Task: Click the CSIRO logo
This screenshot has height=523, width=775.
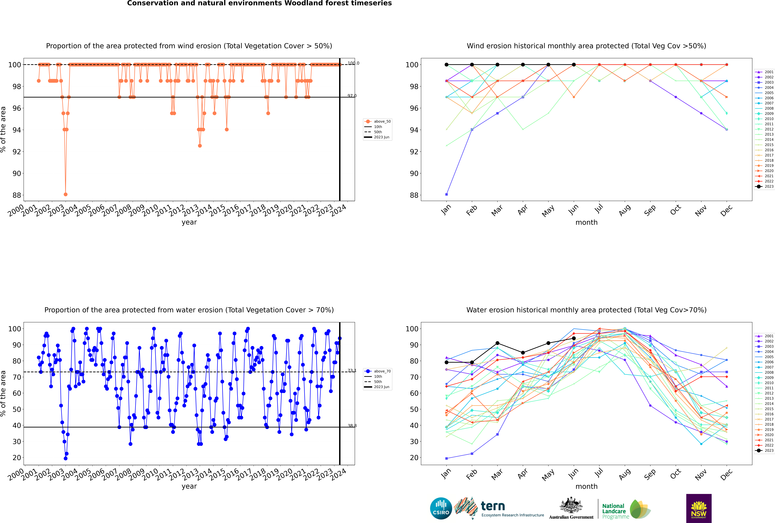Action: point(441,509)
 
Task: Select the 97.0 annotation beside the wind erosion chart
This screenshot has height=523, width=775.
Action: point(352,96)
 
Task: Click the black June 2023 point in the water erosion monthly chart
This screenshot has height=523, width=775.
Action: point(574,338)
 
